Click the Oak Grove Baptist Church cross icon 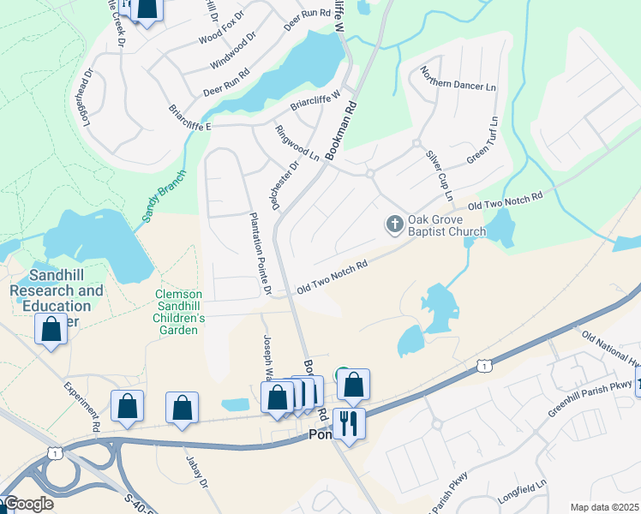tap(394, 224)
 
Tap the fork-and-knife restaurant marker tap(349, 423)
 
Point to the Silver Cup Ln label tap(440, 176)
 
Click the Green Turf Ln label tap(482, 141)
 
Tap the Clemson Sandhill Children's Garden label tap(180, 312)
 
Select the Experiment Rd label tap(82, 404)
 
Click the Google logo tap(27, 504)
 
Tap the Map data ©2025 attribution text tap(604, 507)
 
